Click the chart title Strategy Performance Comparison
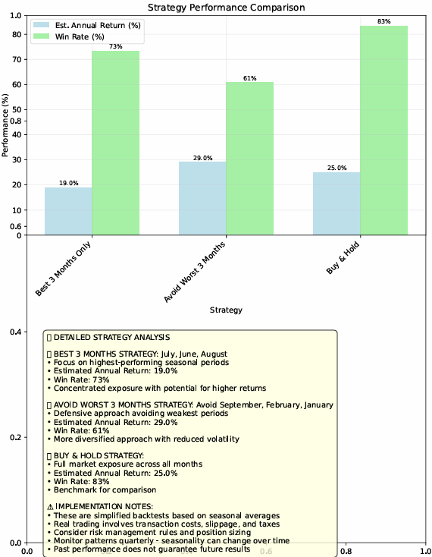tap(227, 8)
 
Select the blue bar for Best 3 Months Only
tap(68, 211)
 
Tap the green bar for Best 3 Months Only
tap(116, 143)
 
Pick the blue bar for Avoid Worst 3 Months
tap(202, 198)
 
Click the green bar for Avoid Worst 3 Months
tap(249, 159)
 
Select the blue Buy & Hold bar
tap(337, 203)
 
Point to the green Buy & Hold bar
tap(384, 131)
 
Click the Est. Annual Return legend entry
tap(87, 25)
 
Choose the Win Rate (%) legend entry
tap(69, 36)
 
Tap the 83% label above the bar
tap(384, 21)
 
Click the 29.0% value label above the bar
tap(203, 158)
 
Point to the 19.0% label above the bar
tap(68, 183)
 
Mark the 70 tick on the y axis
tap(17, 60)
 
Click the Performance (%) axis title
tap(5, 125)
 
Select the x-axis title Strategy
tap(226, 310)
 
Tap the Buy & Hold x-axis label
tap(343, 257)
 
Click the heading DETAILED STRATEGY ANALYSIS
tap(111, 337)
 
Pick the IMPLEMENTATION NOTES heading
tap(100, 507)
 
